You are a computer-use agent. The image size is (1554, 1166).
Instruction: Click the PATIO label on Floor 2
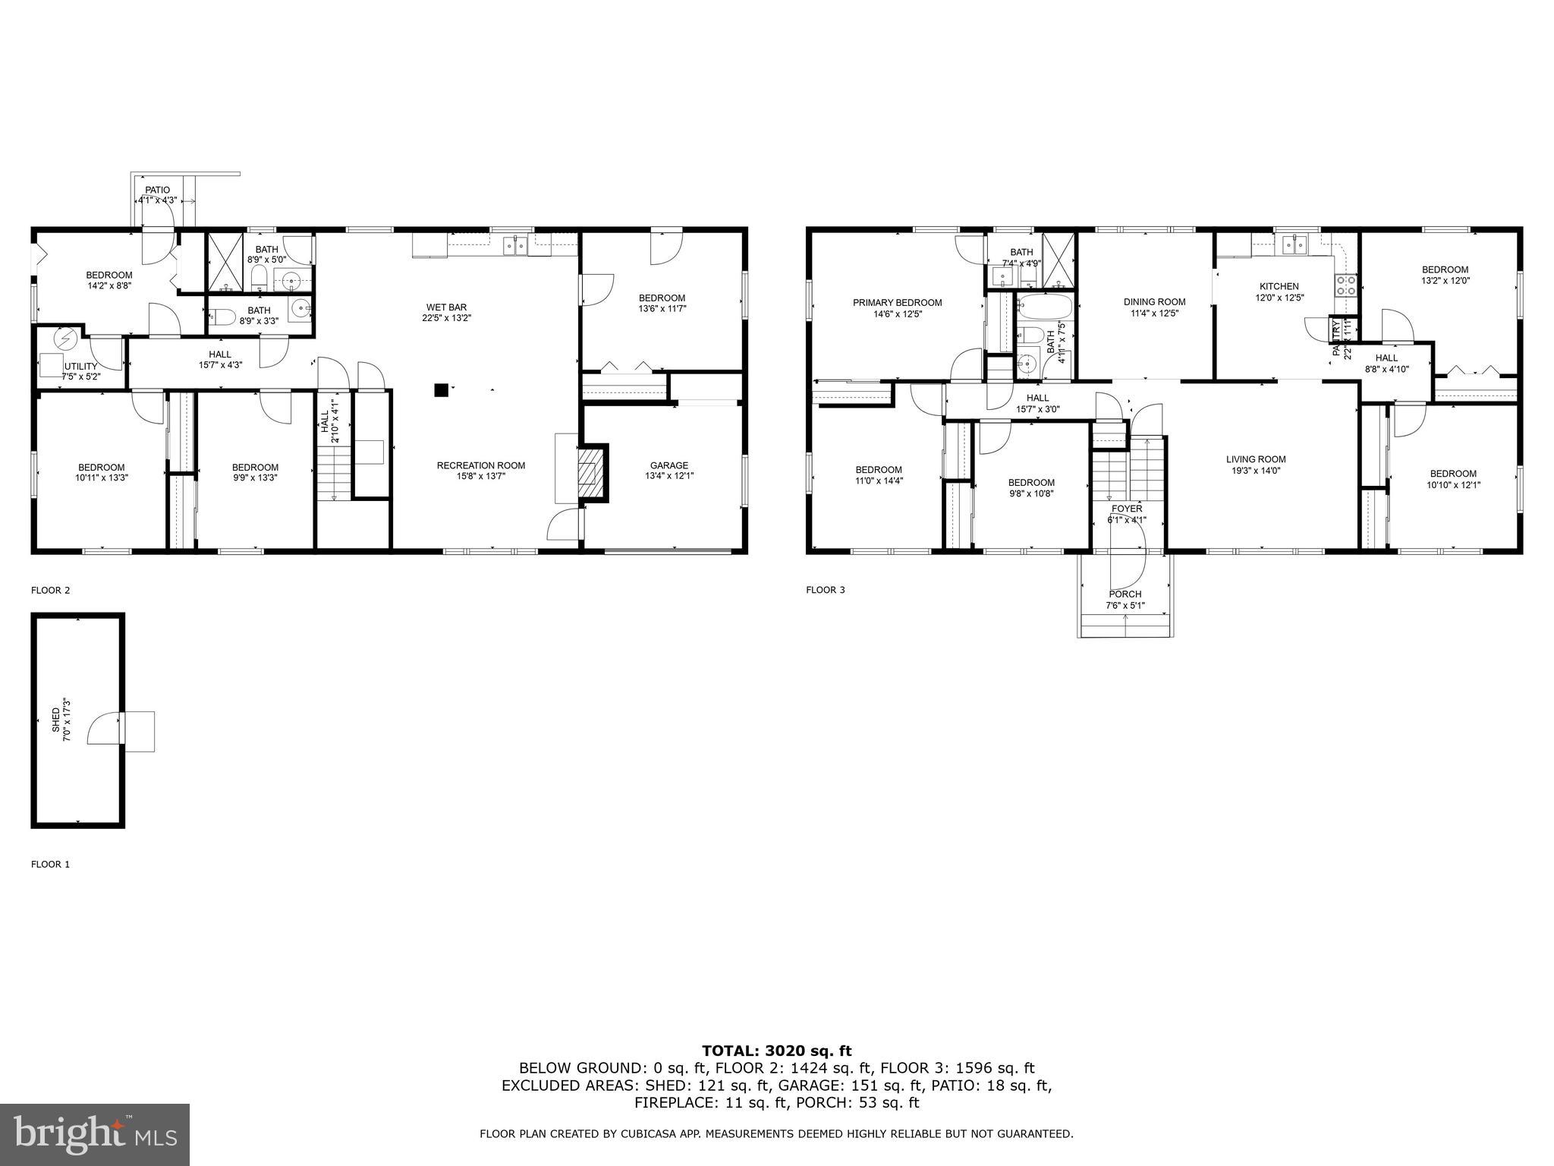pos(158,190)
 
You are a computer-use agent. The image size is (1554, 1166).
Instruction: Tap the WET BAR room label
pos(446,307)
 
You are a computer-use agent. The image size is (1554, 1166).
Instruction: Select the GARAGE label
pos(668,465)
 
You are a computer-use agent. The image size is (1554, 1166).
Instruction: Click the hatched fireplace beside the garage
pos(593,473)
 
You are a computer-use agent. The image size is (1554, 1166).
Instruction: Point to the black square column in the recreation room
pos(441,390)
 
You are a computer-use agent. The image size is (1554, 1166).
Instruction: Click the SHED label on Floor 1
pos(56,719)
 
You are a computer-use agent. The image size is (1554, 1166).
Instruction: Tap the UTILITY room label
pos(80,367)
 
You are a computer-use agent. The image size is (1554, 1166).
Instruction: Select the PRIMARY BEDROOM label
pos(897,302)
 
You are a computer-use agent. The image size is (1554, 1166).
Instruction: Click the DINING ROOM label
pos(1154,301)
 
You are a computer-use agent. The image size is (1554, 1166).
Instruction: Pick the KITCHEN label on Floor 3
pos(1279,286)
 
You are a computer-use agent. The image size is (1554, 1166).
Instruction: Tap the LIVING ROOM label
pos(1256,459)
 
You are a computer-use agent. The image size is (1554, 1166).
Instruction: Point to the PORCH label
pos(1125,594)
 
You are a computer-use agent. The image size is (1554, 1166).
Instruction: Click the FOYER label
pos(1127,509)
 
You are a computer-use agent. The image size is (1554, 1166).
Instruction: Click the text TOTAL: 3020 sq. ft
pos(776,1051)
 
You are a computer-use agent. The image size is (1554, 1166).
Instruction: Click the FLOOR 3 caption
pos(825,590)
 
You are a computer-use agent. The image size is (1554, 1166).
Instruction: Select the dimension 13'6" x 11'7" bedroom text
pos(662,309)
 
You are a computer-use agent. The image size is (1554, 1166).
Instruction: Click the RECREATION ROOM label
pos(480,465)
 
